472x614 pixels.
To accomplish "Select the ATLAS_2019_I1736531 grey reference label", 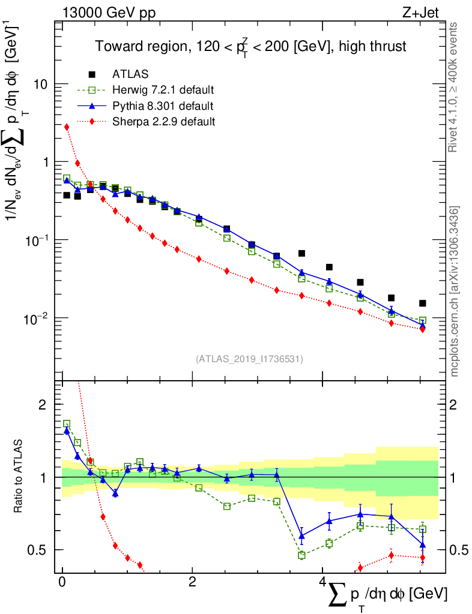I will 249,359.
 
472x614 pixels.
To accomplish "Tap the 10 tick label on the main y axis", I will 41,85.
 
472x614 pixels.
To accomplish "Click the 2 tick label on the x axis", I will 192,582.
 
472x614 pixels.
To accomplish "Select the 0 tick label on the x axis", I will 62,582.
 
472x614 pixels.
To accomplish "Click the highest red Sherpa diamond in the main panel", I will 67,127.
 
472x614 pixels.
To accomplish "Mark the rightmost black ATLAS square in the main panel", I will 423,303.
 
